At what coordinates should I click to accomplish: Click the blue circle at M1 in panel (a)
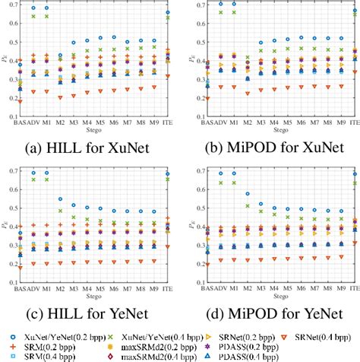(x=48, y=8)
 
